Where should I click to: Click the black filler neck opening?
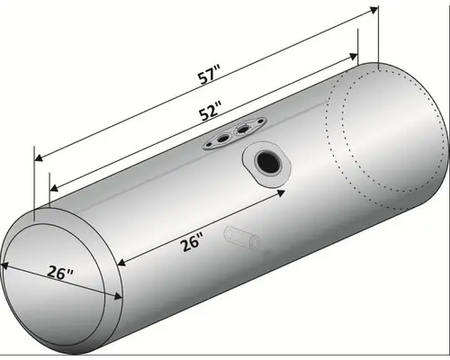pyautogui.click(x=267, y=163)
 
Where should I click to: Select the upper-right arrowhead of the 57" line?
pyautogui.click(x=371, y=11)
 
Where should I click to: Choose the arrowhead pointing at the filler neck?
pyautogui.click(x=280, y=192)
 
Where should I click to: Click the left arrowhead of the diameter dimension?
pyautogui.click(x=5, y=265)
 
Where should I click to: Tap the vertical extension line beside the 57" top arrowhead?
pyautogui.click(x=376, y=36)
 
